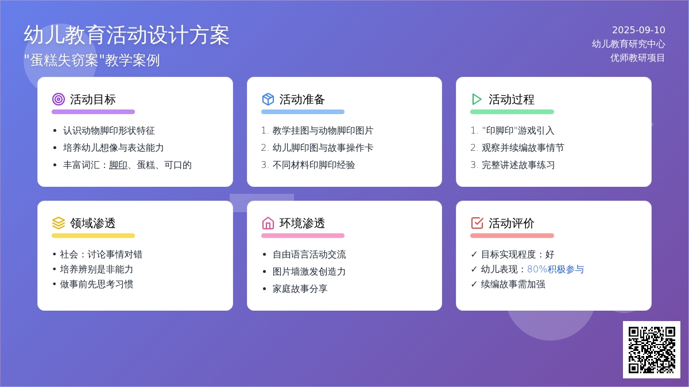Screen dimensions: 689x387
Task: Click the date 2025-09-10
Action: (x=638, y=30)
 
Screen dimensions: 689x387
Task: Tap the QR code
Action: (x=652, y=350)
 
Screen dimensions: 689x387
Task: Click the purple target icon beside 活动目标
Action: (x=59, y=99)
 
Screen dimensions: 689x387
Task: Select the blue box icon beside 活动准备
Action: (x=268, y=99)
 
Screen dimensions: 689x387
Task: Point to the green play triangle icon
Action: (x=477, y=99)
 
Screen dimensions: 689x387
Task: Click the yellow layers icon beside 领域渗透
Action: (x=59, y=223)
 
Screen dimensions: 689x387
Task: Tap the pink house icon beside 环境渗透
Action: (x=268, y=223)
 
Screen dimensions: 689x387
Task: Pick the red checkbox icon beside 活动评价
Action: (x=477, y=223)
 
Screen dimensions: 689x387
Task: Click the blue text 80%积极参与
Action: (x=556, y=269)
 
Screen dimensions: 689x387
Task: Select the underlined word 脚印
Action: (x=118, y=165)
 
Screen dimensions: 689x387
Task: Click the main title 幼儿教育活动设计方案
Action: (x=126, y=36)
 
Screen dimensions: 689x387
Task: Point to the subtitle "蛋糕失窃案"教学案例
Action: (x=92, y=60)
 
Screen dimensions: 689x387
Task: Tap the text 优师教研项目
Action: (x=638, y=58)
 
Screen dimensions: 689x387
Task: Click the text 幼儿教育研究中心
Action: (x=628, y=44)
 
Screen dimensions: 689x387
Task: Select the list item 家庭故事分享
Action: (x=300, y=289)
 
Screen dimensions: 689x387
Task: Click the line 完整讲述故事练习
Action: (x=518, y=165)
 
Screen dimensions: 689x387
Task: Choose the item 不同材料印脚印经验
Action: (x=313, y=165)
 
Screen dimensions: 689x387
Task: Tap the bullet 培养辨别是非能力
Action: (x=96, y=269)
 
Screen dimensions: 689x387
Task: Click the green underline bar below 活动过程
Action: (x=512, y=112)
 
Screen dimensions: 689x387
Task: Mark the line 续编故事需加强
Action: (x=513, y=284)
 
